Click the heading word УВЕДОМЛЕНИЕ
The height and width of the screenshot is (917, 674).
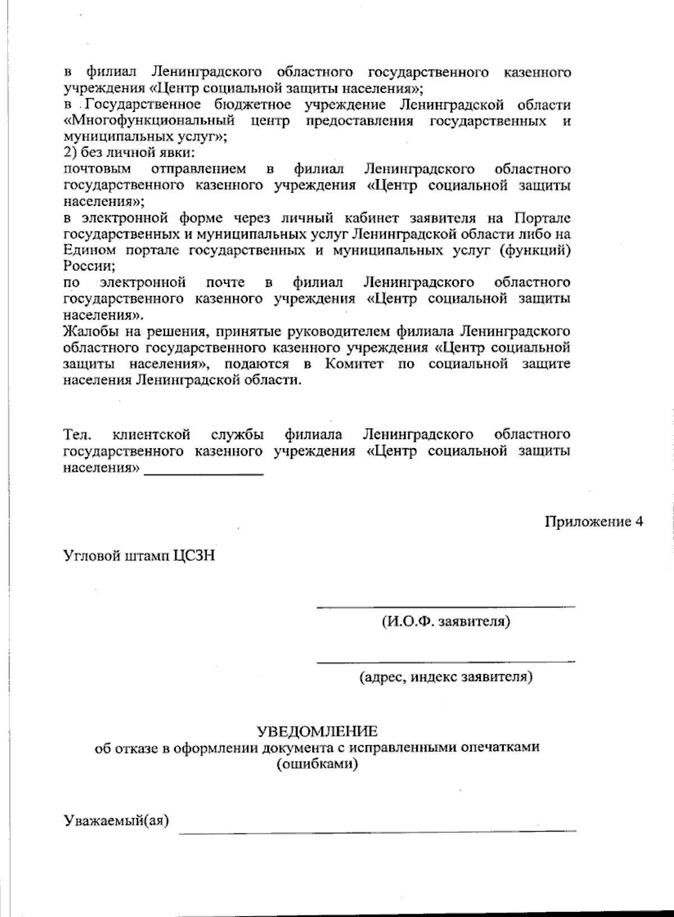pyautogui.click(x=317, y=731)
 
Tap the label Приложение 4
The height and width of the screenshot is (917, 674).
pyautogui.click(x=593, y=522)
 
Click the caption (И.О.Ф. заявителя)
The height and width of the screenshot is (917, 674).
pyautogui.click(x=446, y=622)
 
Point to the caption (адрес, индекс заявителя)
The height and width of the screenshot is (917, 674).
pyautogui.click(x=446, y=677)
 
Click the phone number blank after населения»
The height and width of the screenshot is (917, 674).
pyautogui.click(x=204, y=475)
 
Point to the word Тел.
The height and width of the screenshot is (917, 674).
pyautogui.click(x=74, y=434)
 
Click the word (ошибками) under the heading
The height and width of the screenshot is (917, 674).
pyautogui.click(x=317, y=764)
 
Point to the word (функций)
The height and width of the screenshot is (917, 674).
pyautogui.click(x=536, y=250)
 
